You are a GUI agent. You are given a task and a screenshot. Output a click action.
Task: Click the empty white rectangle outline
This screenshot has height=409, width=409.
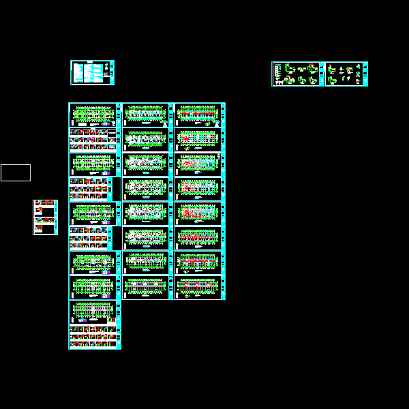pyautogui.click(x=15, y=172)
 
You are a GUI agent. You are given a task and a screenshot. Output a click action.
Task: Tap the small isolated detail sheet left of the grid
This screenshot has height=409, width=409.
pyautogui.click(x=45, y=217)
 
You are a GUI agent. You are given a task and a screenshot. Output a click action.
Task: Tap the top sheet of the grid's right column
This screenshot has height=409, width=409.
pyautogui.click(x=199, y=115)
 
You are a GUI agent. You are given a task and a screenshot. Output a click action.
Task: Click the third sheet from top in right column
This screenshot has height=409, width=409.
pyautogui.click(x=199, y=164)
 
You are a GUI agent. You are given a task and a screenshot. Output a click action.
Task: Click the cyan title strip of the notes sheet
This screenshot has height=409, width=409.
pyautogui.click(x=111, y=73)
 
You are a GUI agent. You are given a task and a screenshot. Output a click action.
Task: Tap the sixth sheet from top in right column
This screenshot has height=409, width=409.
pyautogui.click(x=199, y=238)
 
